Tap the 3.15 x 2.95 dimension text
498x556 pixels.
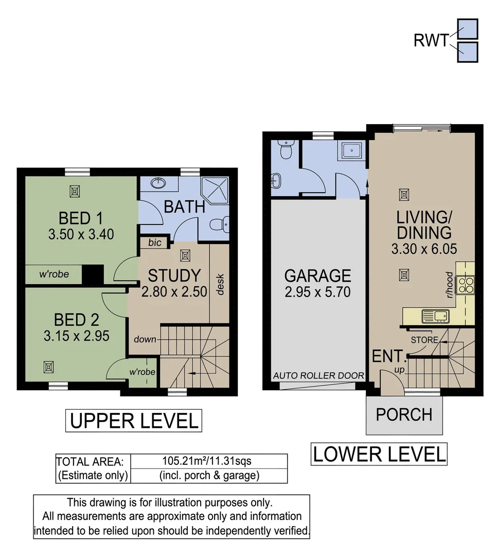click(76, 336)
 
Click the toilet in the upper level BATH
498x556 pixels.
click(220, 224)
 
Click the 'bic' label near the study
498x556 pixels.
click(154, 242)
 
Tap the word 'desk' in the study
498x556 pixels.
click(221, 284)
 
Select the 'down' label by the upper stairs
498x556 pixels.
click(145, 340)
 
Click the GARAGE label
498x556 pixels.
click(317, 275)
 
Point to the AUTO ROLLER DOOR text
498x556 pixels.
click(318, 376)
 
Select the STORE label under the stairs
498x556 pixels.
click(424, 340)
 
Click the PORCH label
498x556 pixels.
click(404, 414)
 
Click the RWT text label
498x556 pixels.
click(431, 40)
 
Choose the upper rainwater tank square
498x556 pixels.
click(468, 29)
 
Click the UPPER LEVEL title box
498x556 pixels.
click(133, 421)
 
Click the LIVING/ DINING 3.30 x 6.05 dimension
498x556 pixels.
click(424, 249)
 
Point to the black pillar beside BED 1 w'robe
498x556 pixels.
click(93, 274)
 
